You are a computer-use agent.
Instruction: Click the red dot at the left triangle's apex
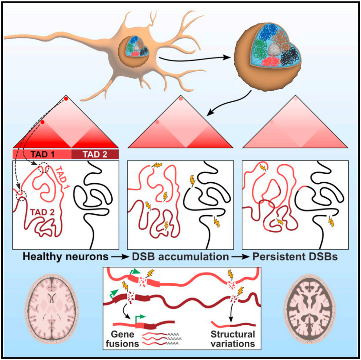[x=66, y=99]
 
